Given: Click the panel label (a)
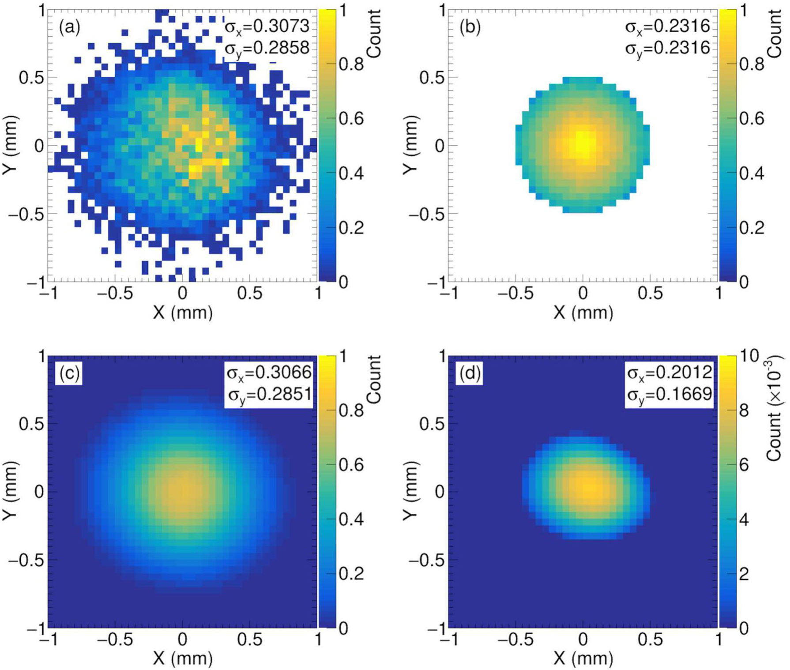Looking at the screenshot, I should [x=70, y=28].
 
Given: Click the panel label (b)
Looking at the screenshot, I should [x=470, y=28].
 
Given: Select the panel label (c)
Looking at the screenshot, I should [x=70, y=373].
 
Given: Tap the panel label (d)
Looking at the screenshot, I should [x=470, y=373].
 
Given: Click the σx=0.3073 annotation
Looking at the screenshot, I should [x=267, y=26].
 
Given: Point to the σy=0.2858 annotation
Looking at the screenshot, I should [x=267, y=48].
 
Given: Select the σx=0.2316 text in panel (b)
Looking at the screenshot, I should [x=668, y=26].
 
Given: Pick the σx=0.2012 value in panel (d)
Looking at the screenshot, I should [x=670, y=373].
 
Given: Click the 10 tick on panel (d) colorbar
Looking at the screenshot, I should [x=749, y=356].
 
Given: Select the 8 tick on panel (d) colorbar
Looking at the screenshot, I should [x=744, y=411].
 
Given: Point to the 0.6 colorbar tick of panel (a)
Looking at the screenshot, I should [x=351, y=119].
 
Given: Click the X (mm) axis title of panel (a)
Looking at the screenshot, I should [x=183, y=312].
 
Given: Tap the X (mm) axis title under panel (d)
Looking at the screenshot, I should [x=583, y=658].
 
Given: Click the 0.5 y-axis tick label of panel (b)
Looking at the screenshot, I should [x=431, y=78].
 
